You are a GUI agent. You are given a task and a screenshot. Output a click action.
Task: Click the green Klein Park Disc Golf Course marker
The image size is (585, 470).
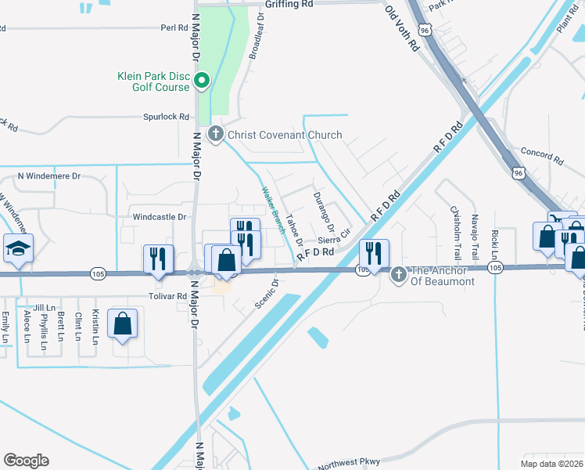pos(202,79)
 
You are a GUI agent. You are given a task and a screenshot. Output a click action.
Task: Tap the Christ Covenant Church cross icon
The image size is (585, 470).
pos(216,135)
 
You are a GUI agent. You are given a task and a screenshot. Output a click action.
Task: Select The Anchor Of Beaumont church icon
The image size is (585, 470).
pos(399,273)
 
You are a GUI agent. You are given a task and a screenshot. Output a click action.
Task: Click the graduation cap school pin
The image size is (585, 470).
pos(18,249)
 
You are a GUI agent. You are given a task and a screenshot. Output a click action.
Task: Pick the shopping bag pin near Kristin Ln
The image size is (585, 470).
pos(123,324)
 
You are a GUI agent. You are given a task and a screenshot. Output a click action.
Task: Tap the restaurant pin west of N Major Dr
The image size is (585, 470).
pos(158,258)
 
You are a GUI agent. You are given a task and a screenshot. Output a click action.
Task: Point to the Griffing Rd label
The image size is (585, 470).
pos(289,4)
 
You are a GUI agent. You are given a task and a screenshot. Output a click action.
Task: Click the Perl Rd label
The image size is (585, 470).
pos(174,27)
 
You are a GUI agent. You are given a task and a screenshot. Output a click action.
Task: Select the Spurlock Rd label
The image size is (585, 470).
pos(166,117)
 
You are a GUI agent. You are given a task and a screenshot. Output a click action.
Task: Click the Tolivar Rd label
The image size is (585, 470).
pos(170,297)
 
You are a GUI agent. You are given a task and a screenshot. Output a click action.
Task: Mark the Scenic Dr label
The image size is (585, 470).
pos(265,293)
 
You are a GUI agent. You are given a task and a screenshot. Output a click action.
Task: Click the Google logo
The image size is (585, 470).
pos(26,461)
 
